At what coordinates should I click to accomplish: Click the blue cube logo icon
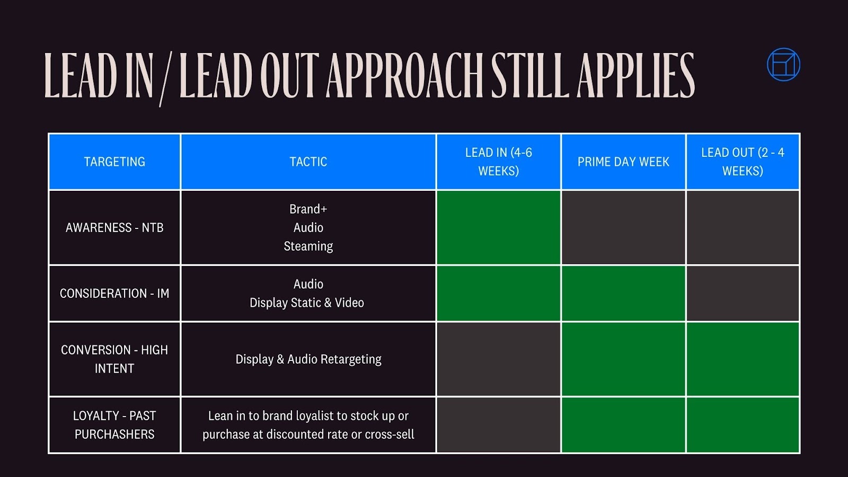(783, 65)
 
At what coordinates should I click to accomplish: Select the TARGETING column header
(114, 162)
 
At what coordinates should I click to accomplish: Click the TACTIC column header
(308, 162)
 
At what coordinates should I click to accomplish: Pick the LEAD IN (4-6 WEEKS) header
(498, 162)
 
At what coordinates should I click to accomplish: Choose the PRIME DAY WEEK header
(623, 162)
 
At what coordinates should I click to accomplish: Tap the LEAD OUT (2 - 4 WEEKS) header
(743, 162)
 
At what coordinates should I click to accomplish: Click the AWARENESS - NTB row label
(114, 227)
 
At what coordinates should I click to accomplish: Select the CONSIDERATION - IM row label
(114, 293)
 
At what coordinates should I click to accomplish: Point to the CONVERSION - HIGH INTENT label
(114, 359)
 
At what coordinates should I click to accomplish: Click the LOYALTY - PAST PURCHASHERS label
(114, 425)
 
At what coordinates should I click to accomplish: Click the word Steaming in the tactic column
(308, 246)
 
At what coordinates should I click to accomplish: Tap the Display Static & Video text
(307, 303)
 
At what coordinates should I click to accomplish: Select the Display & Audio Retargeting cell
(308, 359)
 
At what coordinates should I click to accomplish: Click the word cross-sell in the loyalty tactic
(390, 435)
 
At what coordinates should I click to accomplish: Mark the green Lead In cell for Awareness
(498, 227)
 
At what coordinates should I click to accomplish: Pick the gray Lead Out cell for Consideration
(743, 293)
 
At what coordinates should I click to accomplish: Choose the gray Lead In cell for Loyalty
(498, 425)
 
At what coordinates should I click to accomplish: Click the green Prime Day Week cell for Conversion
(623, 359)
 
